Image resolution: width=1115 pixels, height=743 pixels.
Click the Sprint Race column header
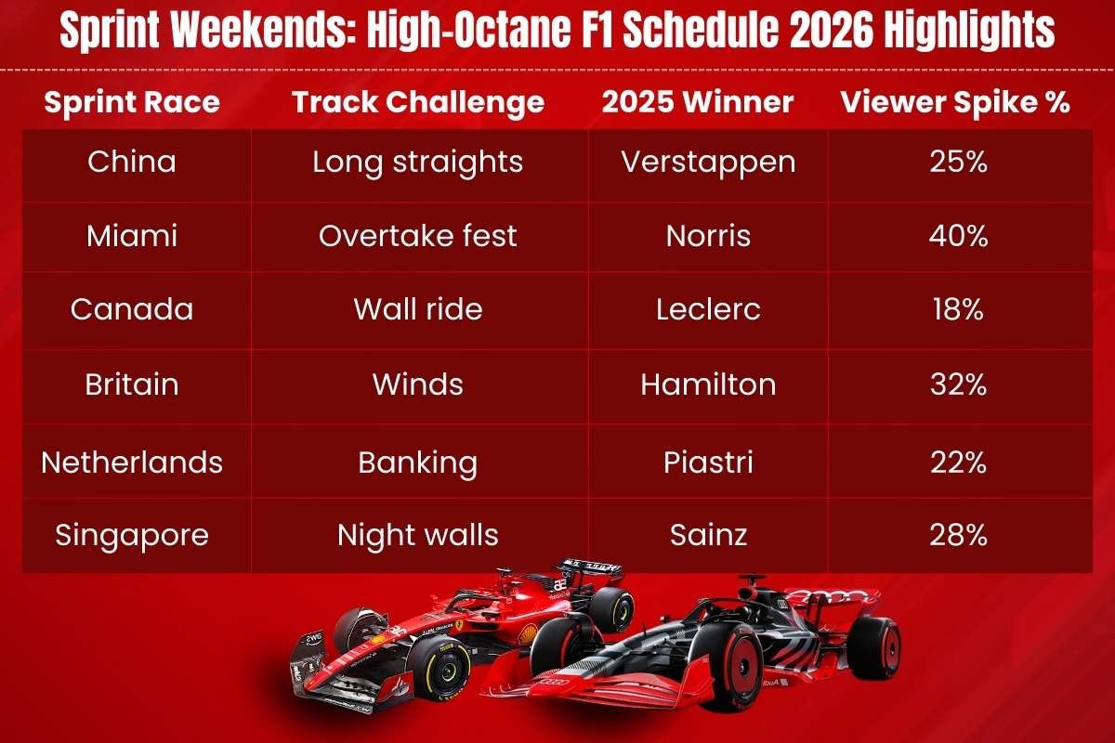(132, 102)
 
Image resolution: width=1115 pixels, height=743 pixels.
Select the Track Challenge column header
(418, 102)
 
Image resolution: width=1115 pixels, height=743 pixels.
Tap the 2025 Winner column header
(698, 102)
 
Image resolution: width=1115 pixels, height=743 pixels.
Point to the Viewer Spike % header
(955, 102)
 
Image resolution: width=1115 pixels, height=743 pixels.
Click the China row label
(132, 162)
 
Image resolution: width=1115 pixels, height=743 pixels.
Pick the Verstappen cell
(708, 162)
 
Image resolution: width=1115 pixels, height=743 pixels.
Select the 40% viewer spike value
(957, 236)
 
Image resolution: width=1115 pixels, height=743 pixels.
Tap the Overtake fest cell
(418, 236)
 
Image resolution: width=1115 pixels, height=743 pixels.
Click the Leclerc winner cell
(708, 309)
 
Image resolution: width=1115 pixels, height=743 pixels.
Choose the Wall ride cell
(418, 309)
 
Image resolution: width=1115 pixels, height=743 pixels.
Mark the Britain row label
(132, 385)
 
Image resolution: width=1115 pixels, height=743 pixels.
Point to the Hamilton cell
(708, 385)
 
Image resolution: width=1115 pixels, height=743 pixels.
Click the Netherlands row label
(132, 462)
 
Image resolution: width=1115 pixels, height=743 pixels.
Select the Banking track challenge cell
(418, 462)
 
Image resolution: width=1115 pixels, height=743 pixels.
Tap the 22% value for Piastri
(957, 462)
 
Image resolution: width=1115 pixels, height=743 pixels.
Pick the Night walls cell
(418, 535)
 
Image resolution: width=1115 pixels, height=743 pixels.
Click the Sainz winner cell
(708, 535)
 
